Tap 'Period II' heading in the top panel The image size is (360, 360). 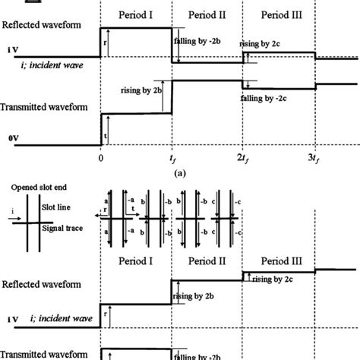point(207,14)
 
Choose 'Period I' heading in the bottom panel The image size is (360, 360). point(136,260)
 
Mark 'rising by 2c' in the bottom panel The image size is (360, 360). point(273,278)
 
